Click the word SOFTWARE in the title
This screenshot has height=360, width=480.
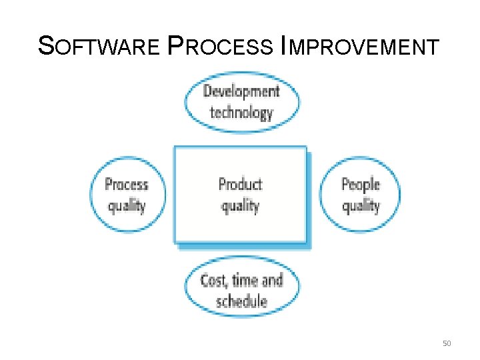click(x=99, y=47)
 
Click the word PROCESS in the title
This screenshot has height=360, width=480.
click(x=229, y=47)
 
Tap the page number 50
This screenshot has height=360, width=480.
click(x=447, y=343)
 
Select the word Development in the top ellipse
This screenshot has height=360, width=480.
click(x=241, y=91)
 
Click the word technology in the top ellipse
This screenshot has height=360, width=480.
click(x=241, y=112)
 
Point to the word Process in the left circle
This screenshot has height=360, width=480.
click(x=127, y=185)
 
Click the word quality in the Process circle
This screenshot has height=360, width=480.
click(x=127, y=205)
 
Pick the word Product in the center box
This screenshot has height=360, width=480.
click(x=240, y=185)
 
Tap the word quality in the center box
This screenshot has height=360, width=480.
click(x=240, y=205)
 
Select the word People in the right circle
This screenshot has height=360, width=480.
click(x=360, y=185)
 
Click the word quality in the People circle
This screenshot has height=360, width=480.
click(x=360, y=205)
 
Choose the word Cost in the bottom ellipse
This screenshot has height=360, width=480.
click(x=213, y=281)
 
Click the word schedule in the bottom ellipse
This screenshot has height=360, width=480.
click(x=241, y=301)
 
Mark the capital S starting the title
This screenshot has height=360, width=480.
click(x=46, y=46)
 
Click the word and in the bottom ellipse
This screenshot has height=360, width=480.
click(x=272, y=281)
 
